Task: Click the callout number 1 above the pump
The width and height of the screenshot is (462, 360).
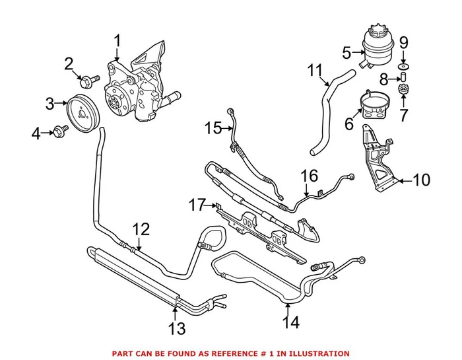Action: point(117,42)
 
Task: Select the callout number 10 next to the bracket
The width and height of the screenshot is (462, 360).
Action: point(422,180)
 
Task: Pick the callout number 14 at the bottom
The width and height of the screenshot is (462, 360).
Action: point(291,323)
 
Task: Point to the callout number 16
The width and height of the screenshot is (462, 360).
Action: point(309,176)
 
